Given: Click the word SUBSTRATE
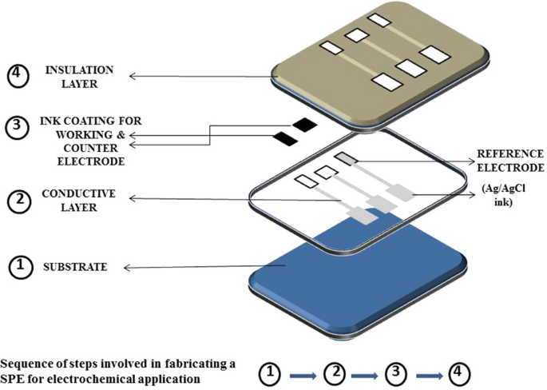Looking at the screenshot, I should tap(75, 267).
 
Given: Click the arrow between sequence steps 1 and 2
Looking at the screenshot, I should tap(303, 373).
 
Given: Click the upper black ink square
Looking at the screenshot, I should tap(304, 124).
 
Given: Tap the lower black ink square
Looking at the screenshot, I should tap(285, 139).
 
